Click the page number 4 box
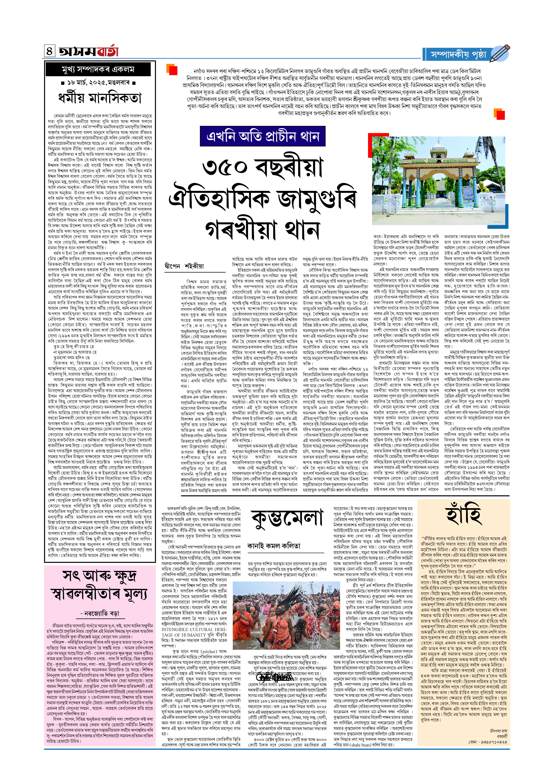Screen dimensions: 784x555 tap(50, 51)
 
